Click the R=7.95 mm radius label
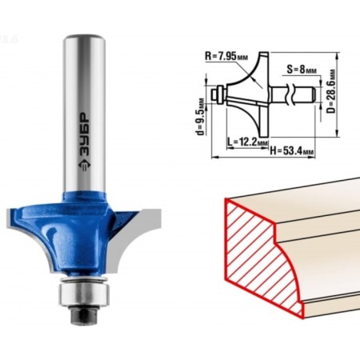coord(226,56)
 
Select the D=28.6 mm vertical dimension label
coord(331,91)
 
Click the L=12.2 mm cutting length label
coord(247,142)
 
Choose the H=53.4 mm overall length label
coord(292,151)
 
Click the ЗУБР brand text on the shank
coord(85,135)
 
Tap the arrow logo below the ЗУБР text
coord(85,167)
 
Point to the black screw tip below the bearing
coord(83,314)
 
